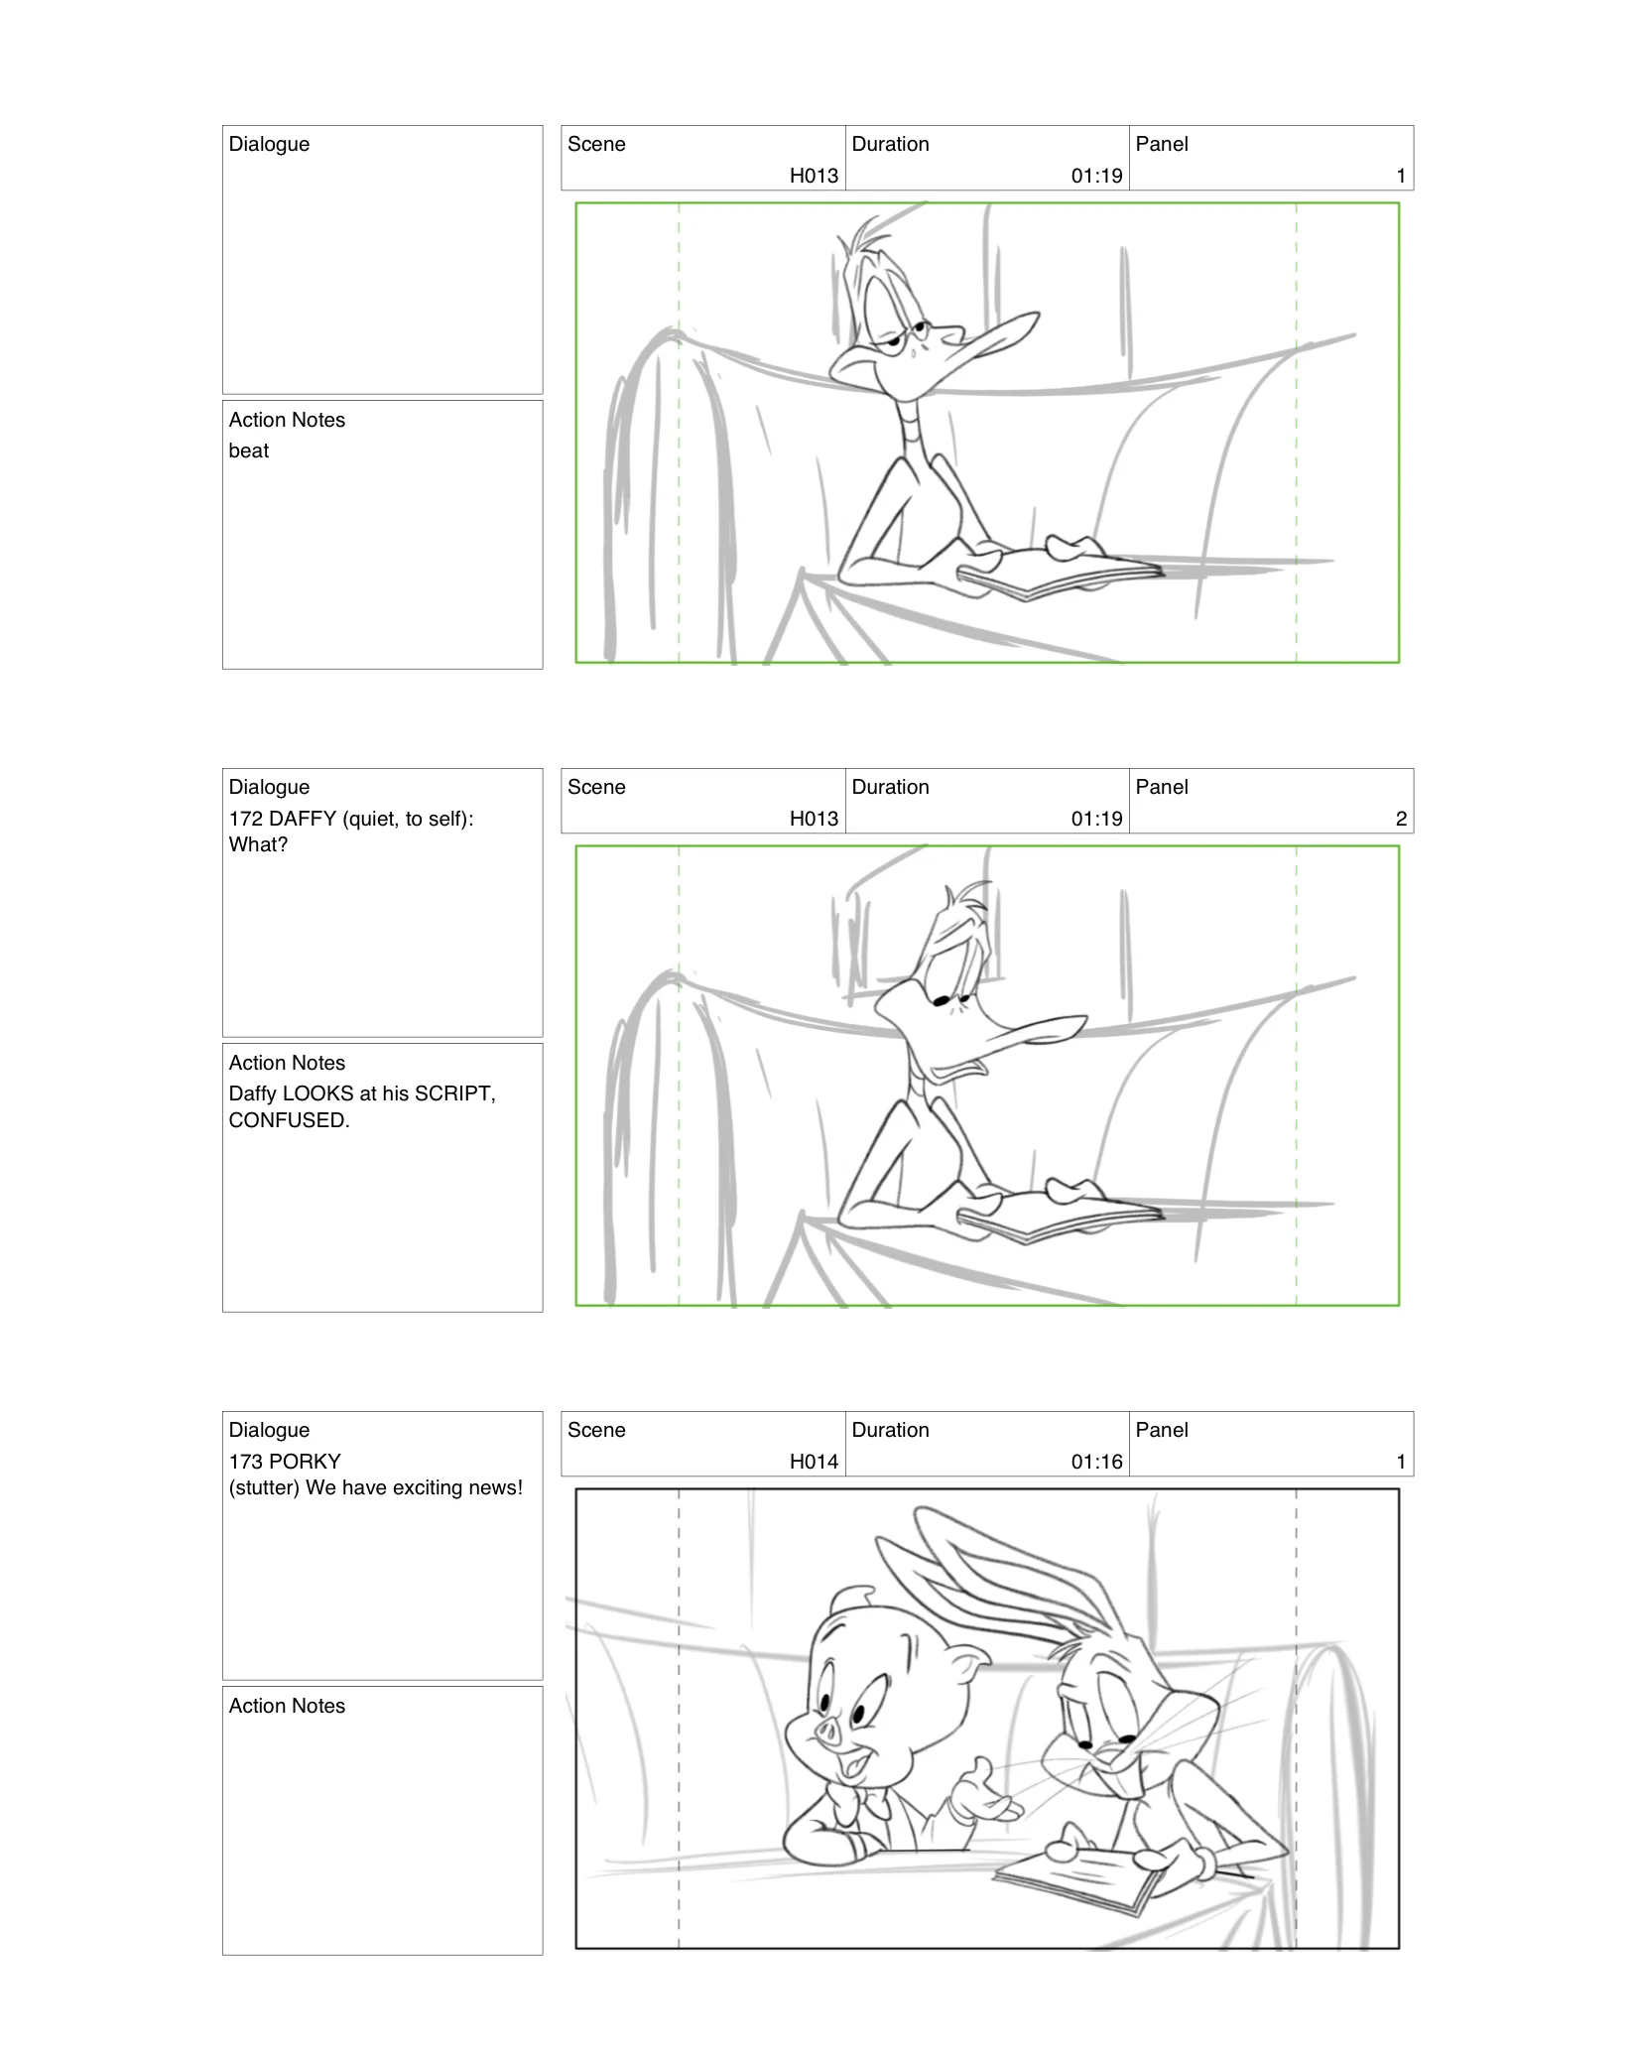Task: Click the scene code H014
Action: [x=814, y=1462]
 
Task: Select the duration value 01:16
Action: [x=1096, y=1462]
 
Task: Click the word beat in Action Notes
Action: [x=248, y=450]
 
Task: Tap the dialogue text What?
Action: [x=258, y=844]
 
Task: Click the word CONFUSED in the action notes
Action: [x=287, y=1120]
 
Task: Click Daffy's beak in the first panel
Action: [x=992, y=337]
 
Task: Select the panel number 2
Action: [x=1400, y=819]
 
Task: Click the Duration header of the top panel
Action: [x=890, y=144]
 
